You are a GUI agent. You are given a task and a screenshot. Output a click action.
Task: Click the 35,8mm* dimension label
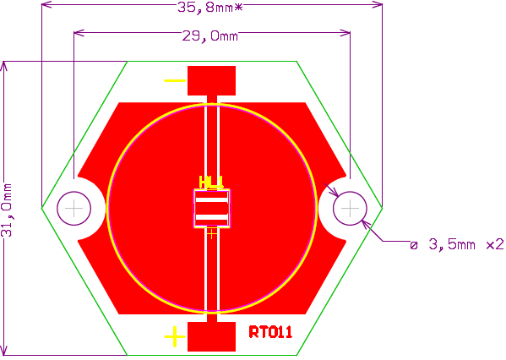tap(209, 7)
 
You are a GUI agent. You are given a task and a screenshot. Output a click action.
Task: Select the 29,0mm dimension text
tap(210, 35)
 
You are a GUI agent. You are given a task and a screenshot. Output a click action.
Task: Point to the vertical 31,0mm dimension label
tap(7, 210)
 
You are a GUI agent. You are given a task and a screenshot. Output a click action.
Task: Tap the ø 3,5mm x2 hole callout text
tap(457, 244)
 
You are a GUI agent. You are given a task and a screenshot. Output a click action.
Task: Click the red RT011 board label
tap(270, 332)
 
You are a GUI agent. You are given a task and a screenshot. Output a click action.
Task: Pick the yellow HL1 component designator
tap(211, 182)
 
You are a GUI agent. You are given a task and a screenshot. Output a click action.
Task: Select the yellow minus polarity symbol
tap(175, 80)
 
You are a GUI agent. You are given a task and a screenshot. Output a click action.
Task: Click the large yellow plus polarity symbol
tap(175, 336)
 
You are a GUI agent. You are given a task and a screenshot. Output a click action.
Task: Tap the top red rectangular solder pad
tap(212, 81)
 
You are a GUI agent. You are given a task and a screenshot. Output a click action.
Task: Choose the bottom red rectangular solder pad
tap(212, 336)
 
